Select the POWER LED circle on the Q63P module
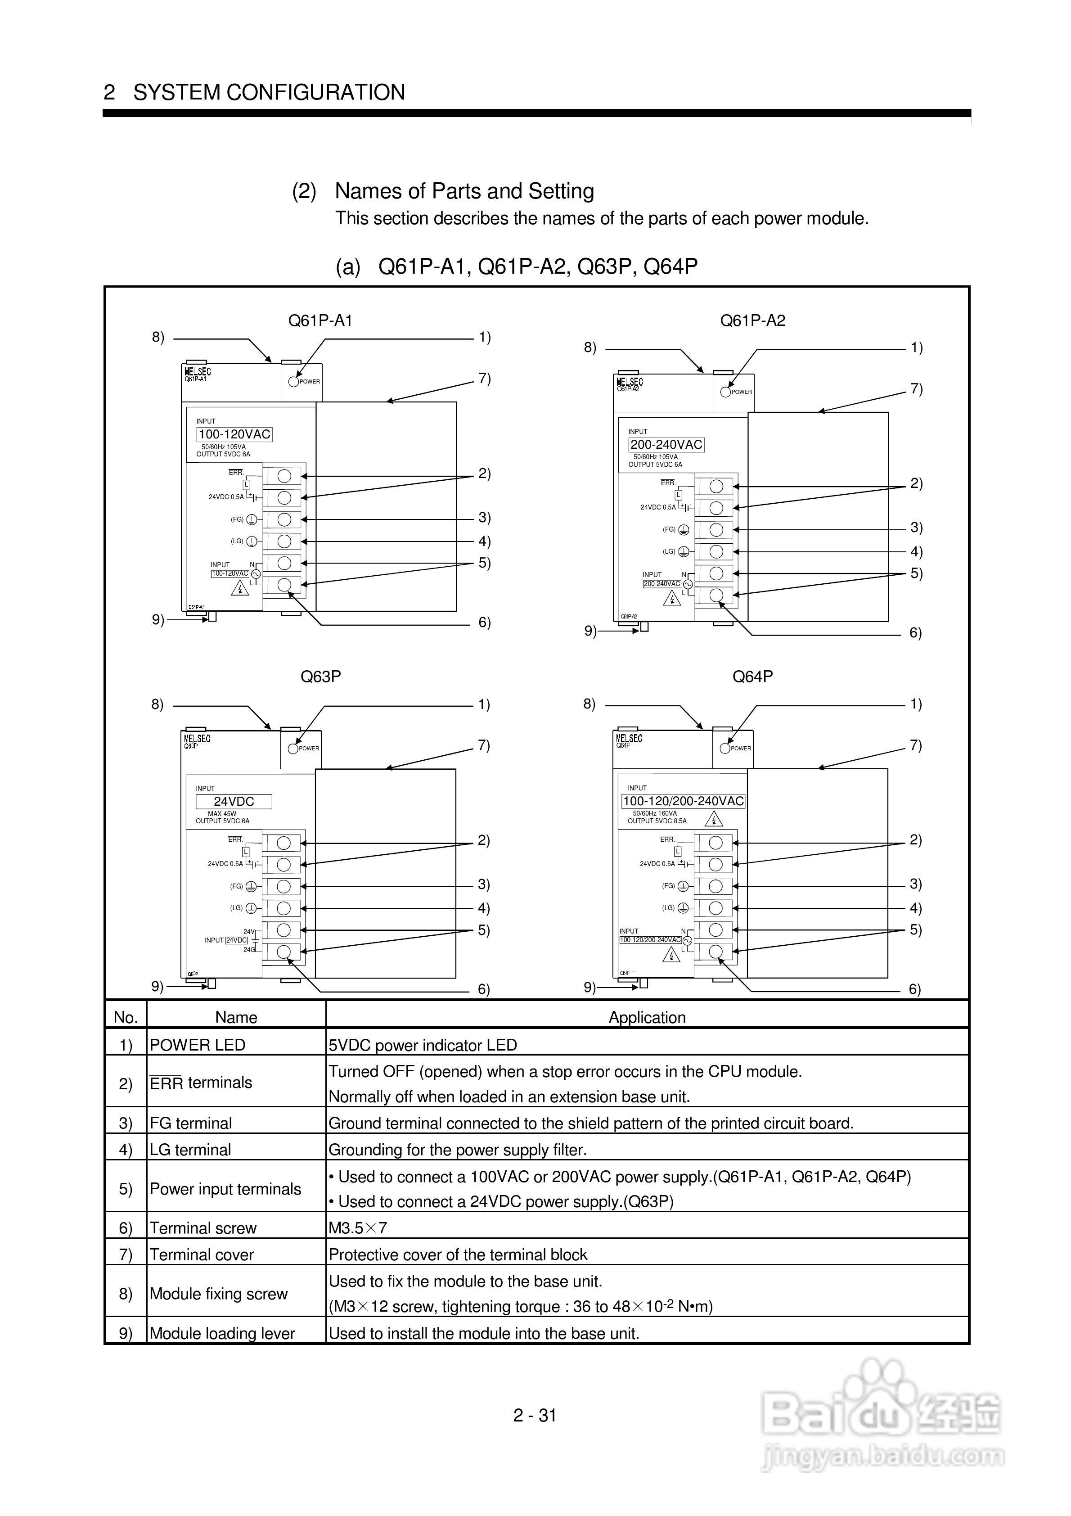coord(293,748)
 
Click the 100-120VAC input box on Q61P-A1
coord(234,434)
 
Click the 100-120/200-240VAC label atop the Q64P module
coord(684,800)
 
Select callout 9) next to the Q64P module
coord(589,987)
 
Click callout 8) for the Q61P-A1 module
coord(158,338)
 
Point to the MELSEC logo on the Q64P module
coord(629,738)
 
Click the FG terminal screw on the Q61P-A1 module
coord(284,519)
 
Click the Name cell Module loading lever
coord(222,1333)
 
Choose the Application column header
coord(647,1017)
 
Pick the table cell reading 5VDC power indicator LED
coord(423,1045)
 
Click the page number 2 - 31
coord(535,1415)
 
